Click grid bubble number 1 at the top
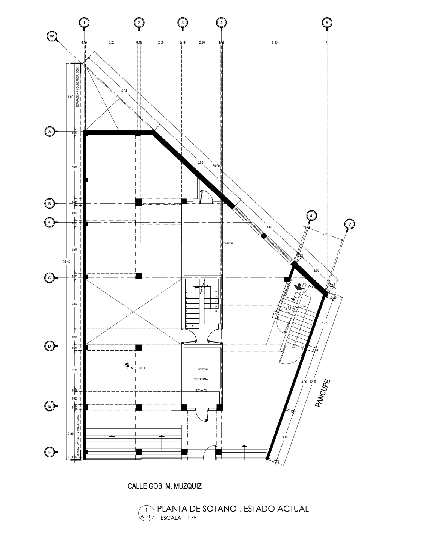84,23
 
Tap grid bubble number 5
327,23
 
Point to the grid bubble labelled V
350,224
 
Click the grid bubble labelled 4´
312,216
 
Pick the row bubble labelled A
50,131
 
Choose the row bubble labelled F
50,452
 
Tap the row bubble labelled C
50,278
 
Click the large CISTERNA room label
201,379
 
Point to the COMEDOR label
228,244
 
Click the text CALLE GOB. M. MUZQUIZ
165,486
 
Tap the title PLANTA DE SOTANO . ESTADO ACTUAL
233,509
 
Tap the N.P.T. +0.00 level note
138,368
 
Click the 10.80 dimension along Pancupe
313,382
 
